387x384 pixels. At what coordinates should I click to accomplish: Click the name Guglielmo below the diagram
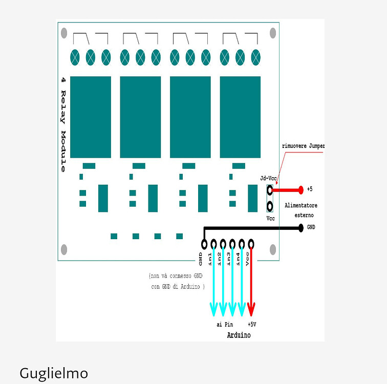click(x=54, y=373)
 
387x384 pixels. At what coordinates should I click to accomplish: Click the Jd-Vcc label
click(x=269, y=178)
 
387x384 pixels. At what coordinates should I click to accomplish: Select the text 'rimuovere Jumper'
click(x=303, y=146)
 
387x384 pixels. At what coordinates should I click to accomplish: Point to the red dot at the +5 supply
click(x=301, y=190)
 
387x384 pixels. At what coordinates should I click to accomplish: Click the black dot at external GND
click(x=300, y=228)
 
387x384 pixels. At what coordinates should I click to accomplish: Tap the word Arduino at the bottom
click(x=239, y=335)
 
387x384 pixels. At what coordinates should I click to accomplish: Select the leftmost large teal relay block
click(x=91, y=117)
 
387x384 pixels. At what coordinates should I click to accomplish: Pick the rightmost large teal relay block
click(x=240, y=117)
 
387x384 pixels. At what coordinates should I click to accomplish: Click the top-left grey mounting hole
click(x=64, y=33)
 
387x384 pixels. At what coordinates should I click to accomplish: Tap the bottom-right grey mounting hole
click(x=273, y=249)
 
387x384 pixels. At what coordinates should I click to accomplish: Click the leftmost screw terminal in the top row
click(x=75, y=57)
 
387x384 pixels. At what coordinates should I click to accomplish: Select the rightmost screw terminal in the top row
click(x=255, y=57)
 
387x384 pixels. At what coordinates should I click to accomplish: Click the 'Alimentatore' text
click(x=301, y=205)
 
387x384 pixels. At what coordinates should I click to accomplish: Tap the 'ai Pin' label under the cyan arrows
click(x=225, y=325)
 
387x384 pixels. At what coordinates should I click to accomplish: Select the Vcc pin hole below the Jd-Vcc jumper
click(x=270, y=207)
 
